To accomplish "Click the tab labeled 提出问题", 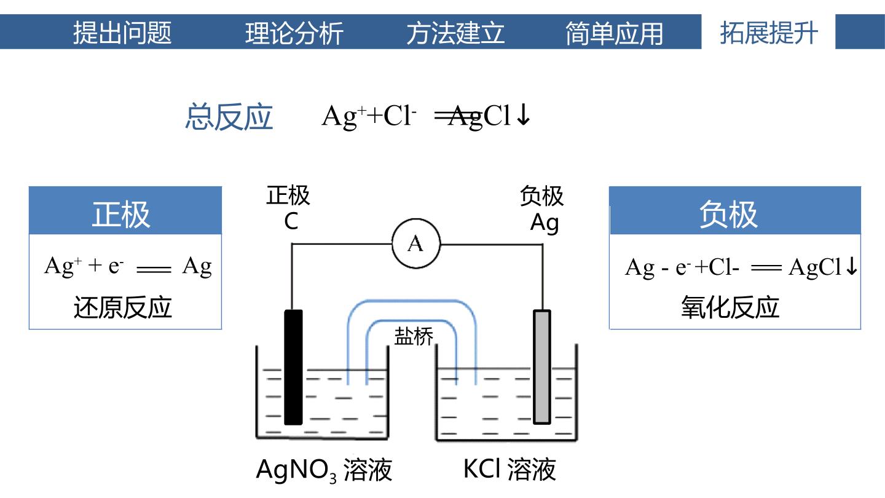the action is click(122, 33).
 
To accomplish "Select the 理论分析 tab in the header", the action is click(294, 33).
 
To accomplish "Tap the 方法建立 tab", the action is click(455, 33).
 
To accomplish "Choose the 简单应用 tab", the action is click(614, 33).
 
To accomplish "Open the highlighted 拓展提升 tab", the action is click(769, 33).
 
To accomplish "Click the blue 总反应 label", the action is click(229, 117).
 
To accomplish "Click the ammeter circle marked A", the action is click(416, 243).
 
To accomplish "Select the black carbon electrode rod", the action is click(294, 367).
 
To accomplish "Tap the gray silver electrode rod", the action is click(542, 367).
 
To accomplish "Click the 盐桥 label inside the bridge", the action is click(414, 337).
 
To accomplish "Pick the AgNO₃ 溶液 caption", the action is click(324, 470).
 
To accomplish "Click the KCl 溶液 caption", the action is click(509, 470).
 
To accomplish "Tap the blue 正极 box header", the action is click(125, 210).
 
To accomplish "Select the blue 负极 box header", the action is click(735, 210).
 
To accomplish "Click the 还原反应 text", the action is click(122, 307).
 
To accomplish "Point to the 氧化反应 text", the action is click(730, 307).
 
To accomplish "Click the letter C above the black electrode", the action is click(291, 222).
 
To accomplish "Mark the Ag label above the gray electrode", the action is click(545, 223).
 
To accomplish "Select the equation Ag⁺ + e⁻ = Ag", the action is click(128, 266).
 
